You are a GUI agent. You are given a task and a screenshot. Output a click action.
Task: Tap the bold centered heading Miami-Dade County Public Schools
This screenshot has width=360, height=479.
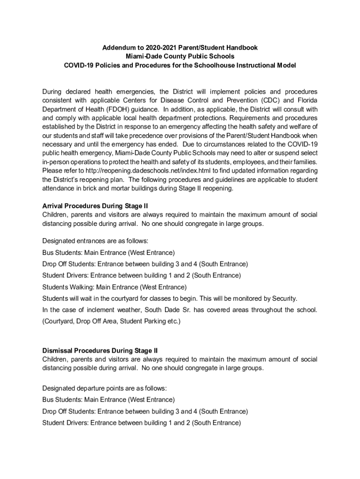180,56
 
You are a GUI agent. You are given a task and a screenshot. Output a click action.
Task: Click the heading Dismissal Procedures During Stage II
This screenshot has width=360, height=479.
100,350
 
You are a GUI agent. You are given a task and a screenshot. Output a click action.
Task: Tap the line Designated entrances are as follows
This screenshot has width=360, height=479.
95,241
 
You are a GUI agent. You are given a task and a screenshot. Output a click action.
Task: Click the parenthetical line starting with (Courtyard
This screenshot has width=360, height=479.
111,321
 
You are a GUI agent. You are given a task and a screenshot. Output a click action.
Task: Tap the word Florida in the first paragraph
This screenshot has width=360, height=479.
307,100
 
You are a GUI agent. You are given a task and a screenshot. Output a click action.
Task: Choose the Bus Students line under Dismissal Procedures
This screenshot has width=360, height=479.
108,400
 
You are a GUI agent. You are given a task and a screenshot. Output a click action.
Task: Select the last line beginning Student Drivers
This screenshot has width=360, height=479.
141,423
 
